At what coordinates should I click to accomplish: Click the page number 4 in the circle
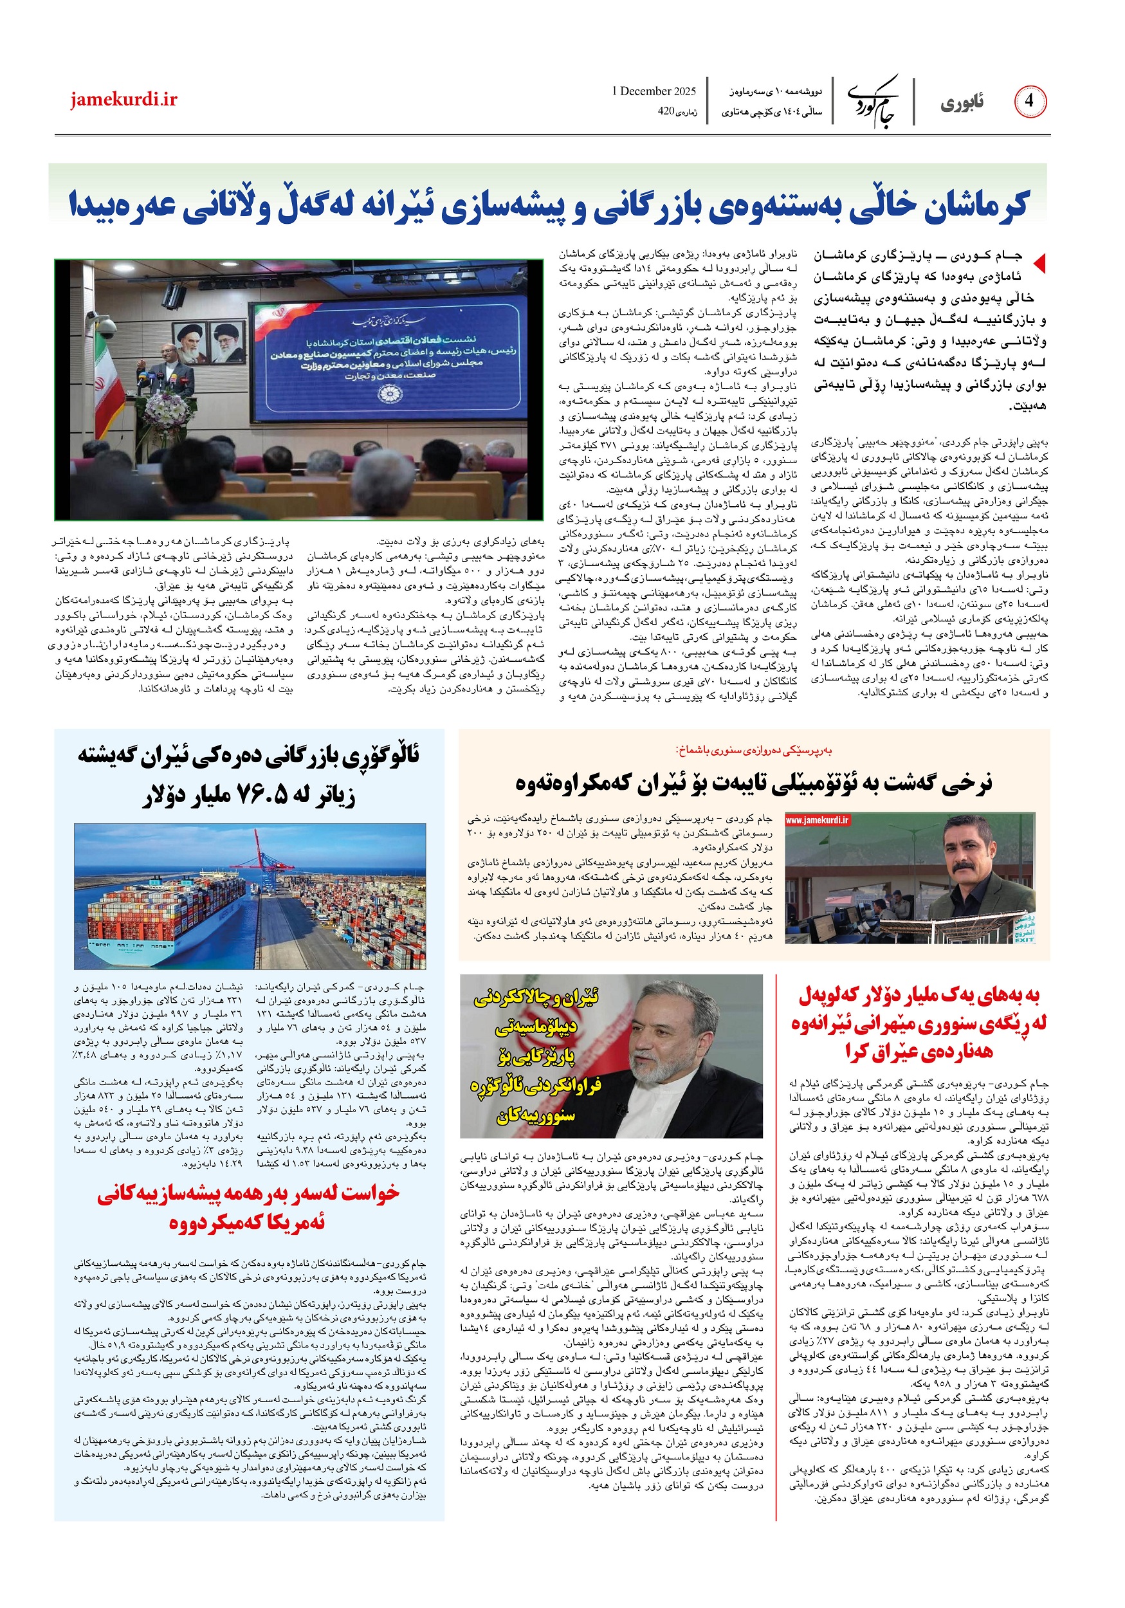1029,102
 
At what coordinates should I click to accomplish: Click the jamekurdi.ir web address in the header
124,100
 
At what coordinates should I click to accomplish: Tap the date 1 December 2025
654,91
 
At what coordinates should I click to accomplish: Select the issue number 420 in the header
665,111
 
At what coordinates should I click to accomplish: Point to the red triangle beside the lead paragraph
1039,263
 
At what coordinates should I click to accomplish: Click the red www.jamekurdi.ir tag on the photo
817,820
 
